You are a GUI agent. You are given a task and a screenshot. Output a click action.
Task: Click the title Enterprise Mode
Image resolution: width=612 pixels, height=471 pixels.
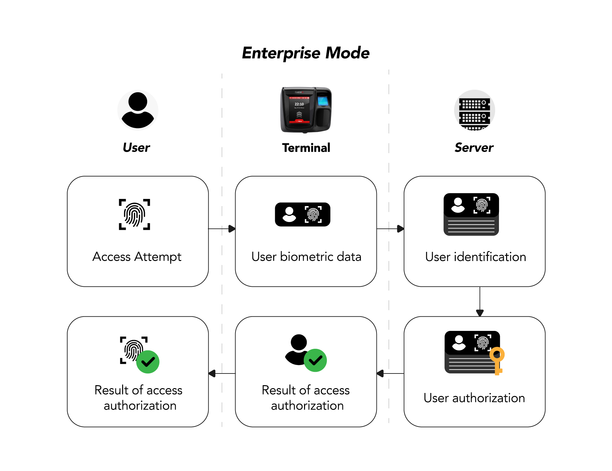[306, 53]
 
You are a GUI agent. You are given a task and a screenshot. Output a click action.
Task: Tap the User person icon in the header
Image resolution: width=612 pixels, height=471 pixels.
[138, 110]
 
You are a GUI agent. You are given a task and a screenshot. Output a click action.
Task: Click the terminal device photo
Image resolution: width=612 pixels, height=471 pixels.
[306, 110]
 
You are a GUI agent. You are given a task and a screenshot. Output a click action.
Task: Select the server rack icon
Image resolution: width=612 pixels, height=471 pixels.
[474, 110]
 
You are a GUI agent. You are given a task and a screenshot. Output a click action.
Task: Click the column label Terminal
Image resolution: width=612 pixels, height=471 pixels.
[306, 148]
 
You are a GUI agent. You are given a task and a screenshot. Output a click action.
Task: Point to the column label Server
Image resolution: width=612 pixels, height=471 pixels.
[474, 148]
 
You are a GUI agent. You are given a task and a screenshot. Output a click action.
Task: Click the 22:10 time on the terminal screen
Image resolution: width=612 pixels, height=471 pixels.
[299, 104]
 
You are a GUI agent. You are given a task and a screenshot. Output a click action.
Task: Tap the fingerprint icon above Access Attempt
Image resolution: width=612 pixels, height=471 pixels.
[134, 215]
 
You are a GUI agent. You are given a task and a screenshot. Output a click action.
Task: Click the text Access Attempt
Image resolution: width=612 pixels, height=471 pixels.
[137, 257]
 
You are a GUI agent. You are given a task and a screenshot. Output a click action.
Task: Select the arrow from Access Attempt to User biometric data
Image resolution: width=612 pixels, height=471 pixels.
[222, 229]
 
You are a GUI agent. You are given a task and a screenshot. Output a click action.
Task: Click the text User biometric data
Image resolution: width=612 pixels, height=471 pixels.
[306, 257]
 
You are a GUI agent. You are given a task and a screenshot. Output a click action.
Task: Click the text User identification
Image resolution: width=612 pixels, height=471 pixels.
[476, 257]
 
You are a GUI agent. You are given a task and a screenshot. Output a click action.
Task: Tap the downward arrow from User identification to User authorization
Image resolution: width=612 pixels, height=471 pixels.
[480, 302]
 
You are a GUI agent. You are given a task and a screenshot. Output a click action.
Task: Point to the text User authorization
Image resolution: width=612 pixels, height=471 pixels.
[474, 398]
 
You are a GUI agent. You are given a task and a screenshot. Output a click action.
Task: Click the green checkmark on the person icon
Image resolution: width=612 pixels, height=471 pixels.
[315, 360]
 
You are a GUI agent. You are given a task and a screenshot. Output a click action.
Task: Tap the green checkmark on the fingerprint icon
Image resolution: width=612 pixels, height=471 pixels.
[148, 362]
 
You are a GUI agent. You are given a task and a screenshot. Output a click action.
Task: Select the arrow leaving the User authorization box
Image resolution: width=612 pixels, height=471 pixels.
[390, 373]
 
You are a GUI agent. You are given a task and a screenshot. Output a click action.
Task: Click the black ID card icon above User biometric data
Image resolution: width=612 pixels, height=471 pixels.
[302, 215]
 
